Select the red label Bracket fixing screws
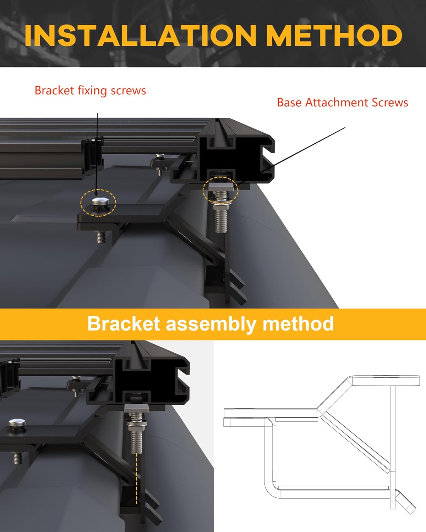90,90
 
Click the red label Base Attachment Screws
342,102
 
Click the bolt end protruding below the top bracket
101,237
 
